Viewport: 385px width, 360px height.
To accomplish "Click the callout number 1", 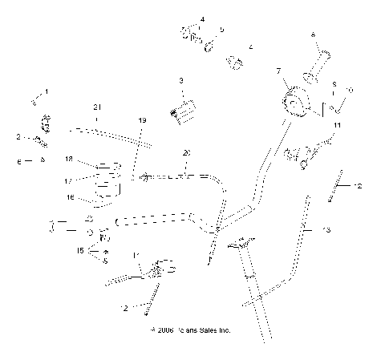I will (x=47, y=91).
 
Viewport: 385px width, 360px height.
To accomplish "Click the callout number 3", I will (x=181, y=80).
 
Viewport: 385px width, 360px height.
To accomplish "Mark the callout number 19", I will (x=142, y=120).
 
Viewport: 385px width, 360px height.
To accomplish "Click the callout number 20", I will (x=186, y=152).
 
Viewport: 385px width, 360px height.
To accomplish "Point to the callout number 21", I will (x=97, y=107).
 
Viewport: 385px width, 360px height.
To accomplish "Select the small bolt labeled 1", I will (x=35, y=100).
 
